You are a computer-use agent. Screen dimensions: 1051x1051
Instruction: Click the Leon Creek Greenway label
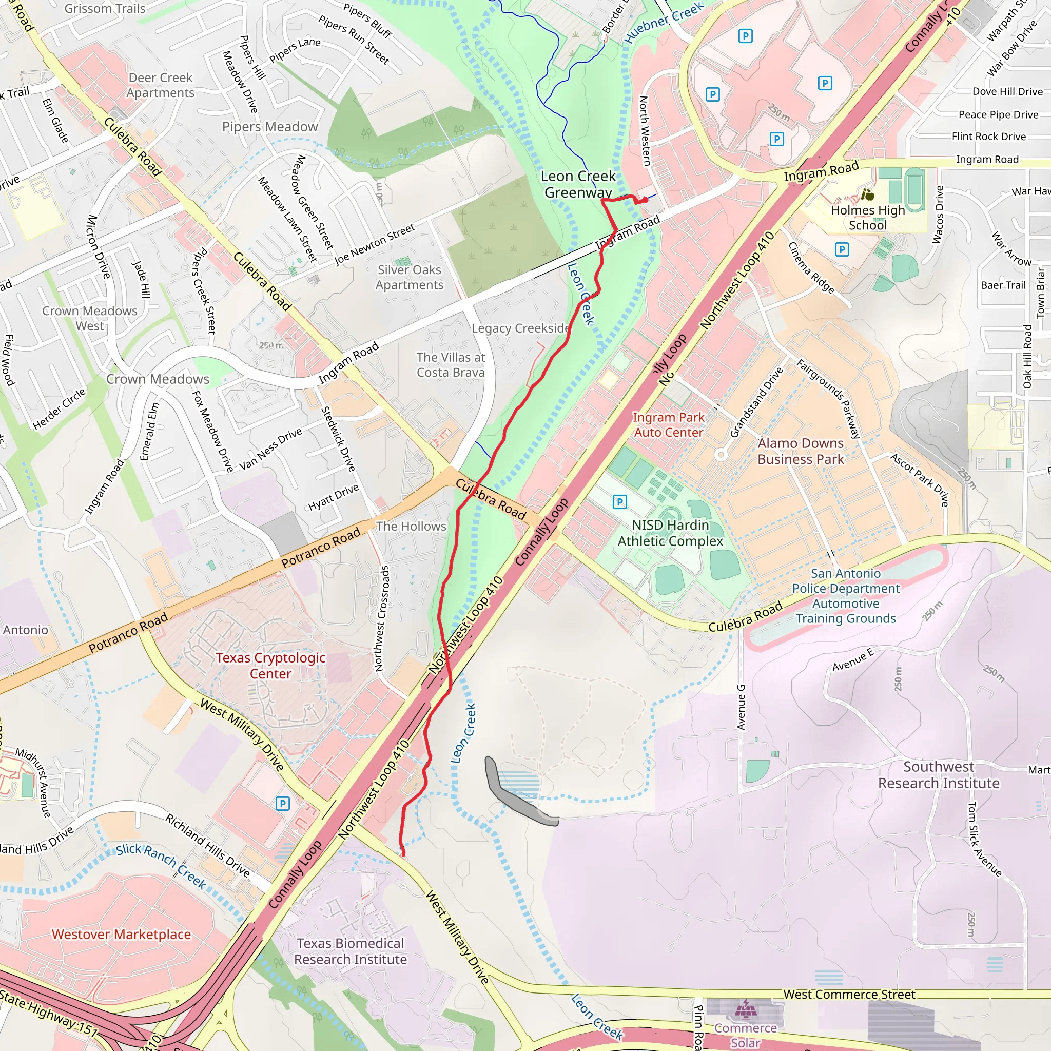click(578, 184)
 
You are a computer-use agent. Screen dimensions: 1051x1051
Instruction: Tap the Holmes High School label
click(867, 218)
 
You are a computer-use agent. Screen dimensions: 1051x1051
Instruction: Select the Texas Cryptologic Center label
click(270, 665)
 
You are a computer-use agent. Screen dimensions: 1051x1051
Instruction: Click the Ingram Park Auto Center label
click(668, 425)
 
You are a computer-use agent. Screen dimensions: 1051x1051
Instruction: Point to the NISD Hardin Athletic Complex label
click(670, 533)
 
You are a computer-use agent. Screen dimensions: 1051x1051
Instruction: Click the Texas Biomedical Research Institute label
click(351, 951)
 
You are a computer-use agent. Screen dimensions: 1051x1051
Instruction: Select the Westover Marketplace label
click(121, 934)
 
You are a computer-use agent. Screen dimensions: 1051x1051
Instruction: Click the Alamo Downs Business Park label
click(800, 451)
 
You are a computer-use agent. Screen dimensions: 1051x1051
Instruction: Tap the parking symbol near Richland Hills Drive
click(282, 804)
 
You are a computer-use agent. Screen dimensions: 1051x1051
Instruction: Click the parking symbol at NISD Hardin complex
click(619, 501)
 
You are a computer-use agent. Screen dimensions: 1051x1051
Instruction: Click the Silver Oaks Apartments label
click(409, 277)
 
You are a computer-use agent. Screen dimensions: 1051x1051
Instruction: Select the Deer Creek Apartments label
click(161, 85)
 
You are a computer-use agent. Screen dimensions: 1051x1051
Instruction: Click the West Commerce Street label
click(849, 995)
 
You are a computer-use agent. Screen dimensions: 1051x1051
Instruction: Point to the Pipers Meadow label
click(270, 127)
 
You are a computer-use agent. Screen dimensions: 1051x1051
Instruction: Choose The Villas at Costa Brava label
click(451, 364)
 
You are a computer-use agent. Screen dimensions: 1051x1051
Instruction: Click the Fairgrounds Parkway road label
click(828, 398)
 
